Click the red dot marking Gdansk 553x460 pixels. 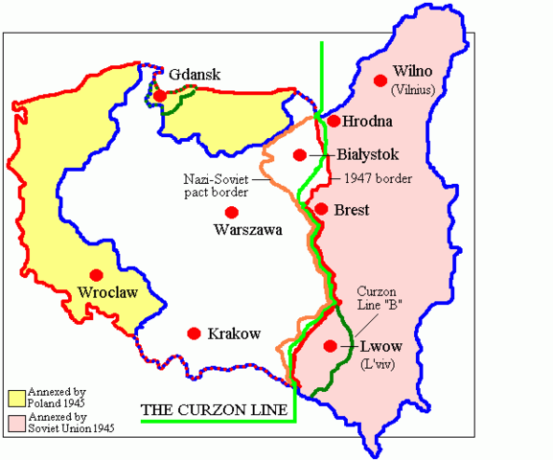pos(160,96)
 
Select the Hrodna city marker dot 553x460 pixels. pos(334,121)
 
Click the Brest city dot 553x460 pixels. pos(321,209)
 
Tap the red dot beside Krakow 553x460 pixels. pos(194,333)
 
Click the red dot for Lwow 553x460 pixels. pos(331,346)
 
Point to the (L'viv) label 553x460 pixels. pos(375,365)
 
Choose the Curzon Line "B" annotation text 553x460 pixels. pos(379,297)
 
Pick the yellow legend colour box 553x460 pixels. pos(15,398)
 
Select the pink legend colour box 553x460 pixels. pos(15,422)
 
